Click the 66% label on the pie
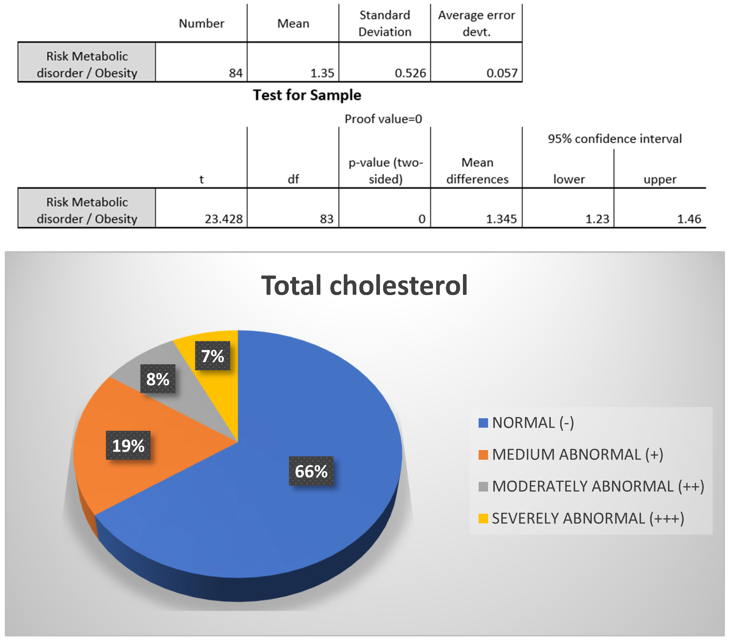pyautogui.click(x=311, y=471)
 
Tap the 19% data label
pyautogui.click(x=128, y=445)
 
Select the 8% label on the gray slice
pyautogui.click(x=158, y=379)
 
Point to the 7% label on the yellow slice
pyautogui.click(x=213, y=356)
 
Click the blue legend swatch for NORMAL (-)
pyautogui.click(x=483, y=423)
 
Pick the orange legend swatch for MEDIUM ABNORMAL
pyautogui.click(x=483, y=455)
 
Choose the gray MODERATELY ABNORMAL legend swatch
pyautogui.click(x=483, y=486)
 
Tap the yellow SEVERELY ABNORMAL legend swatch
pyautogui.click(x=483, y=518)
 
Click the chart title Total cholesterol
pyautogui.click(x=364, y=285)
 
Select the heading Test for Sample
pyautogui.click(x=307, y=95)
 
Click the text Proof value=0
pyautogui.click(x=383, y=119)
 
